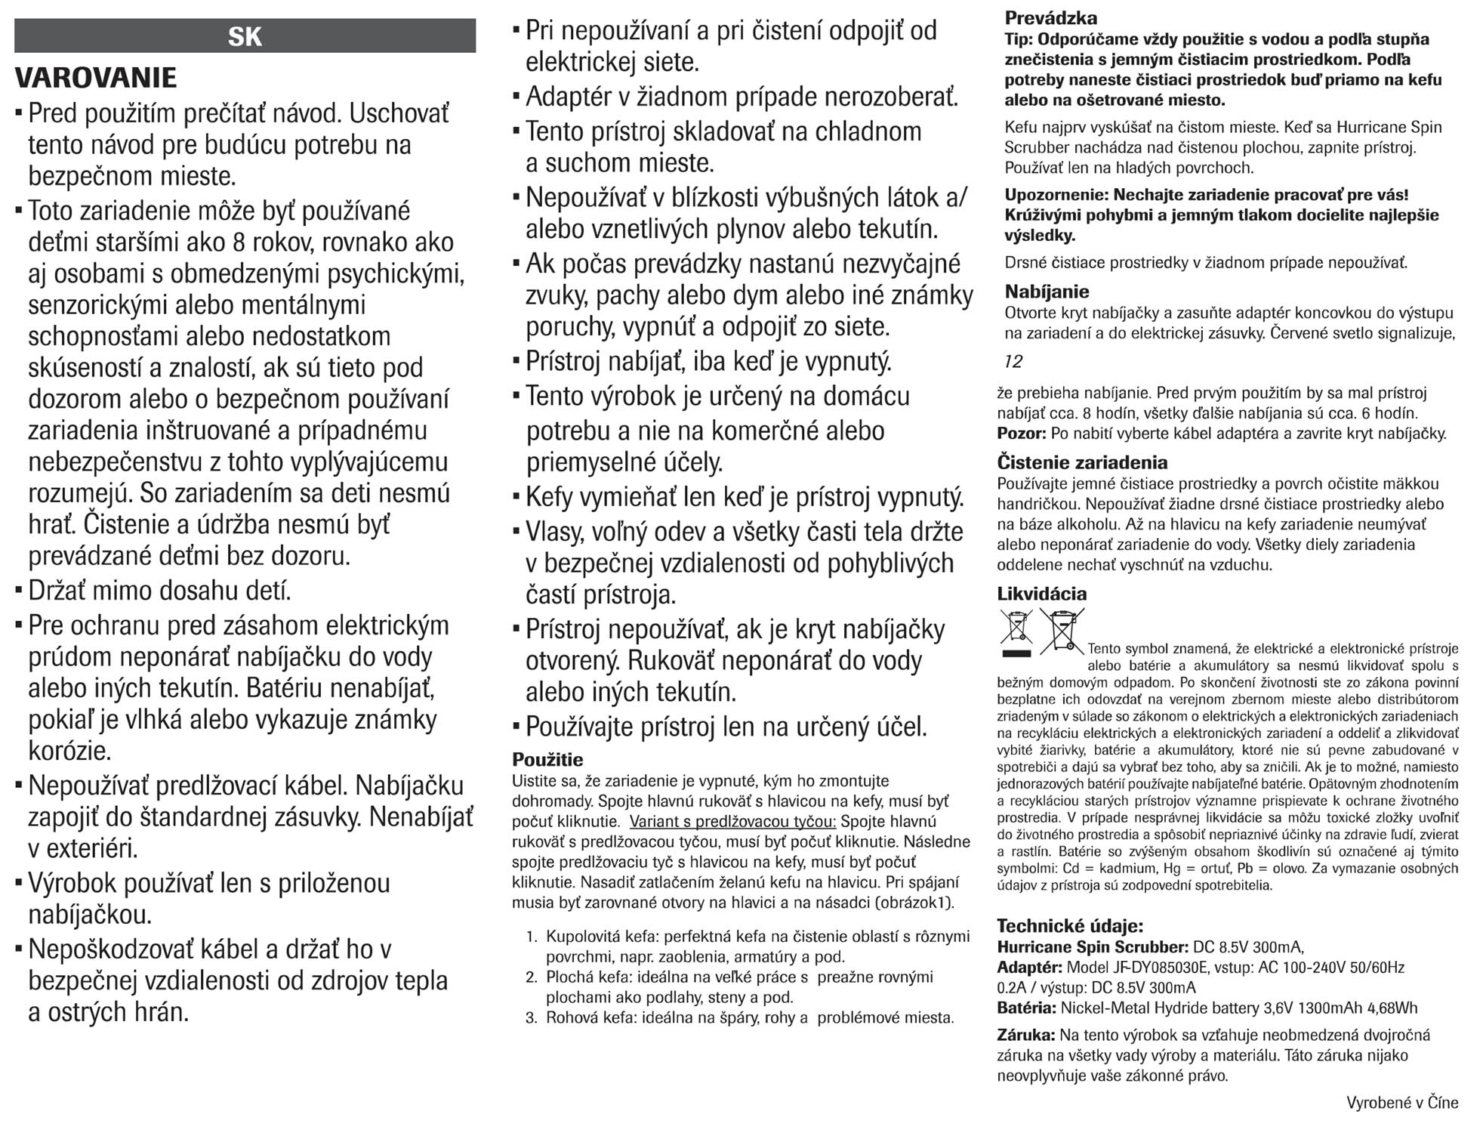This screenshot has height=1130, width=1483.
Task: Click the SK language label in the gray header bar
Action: (x=245, y=36)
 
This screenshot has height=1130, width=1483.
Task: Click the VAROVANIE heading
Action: (x=96, y=78)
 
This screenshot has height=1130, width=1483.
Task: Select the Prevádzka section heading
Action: (x=1050, y=18)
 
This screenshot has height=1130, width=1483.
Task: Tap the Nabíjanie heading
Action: (x=1047, y=292)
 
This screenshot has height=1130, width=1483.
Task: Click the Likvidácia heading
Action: (x=1041, y=594)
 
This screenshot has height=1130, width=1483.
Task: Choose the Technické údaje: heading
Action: (x=1069, y=926)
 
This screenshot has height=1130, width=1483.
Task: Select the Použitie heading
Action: (x=547, y=759)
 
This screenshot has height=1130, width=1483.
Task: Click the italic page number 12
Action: (x=1013, y=362)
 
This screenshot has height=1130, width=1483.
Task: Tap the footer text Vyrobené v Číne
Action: (x=1401, y=1103)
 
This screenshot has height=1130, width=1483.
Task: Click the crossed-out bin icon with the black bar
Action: (x=1016, y=631)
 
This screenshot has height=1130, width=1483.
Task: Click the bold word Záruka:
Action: (x=1025, y=1036)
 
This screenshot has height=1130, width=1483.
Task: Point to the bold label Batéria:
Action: (x=1026, y=1008)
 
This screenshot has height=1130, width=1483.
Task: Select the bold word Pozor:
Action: (x=1021, y=434)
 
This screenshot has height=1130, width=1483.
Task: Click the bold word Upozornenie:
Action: (x=1056, y=195)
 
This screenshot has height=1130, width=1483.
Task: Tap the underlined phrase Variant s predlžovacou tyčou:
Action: (x=732, y=822)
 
